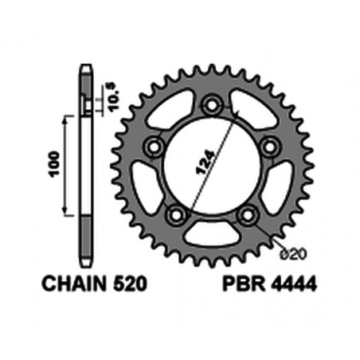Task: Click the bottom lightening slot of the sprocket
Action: tap(211, 234)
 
